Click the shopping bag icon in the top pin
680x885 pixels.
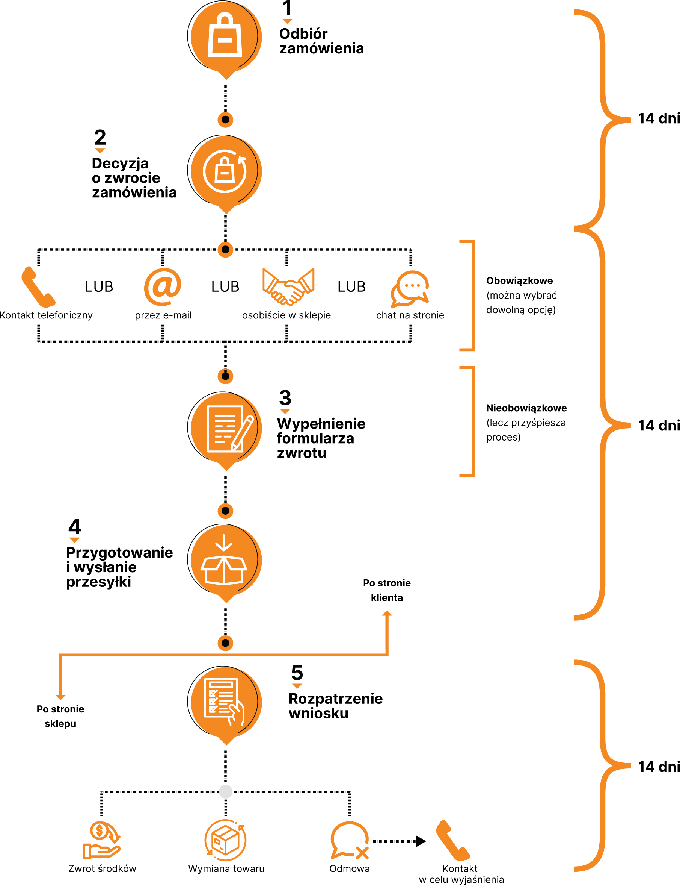point(225,36)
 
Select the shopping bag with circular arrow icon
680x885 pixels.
point(225,171)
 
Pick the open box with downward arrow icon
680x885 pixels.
point(224,561)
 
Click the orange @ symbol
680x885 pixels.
point(163,287)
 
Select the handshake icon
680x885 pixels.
point(288,286)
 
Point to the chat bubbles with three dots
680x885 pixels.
point(410,289)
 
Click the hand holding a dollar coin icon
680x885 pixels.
point(101,840)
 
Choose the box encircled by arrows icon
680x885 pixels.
point(225,840)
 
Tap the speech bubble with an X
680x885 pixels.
point(350,840)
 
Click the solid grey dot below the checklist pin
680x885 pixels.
point(225,791)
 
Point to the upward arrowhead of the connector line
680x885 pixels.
point(387,614)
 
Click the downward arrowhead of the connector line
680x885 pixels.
point(60,697)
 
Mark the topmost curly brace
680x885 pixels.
point(603,120)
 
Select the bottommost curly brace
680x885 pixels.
point(603,766)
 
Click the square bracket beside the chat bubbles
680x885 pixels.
point(472,296)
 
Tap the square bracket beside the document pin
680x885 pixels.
point(472,421)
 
